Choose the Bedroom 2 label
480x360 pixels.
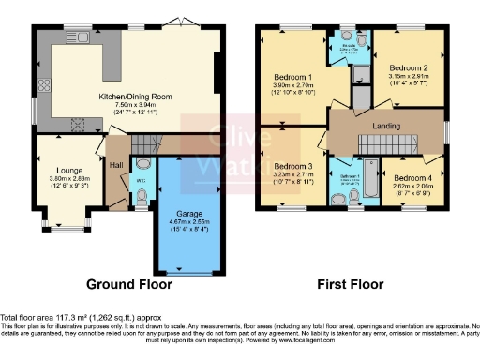pos(408,68)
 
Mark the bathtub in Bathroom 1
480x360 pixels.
pos(370,180)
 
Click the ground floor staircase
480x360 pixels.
pos(140,144)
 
